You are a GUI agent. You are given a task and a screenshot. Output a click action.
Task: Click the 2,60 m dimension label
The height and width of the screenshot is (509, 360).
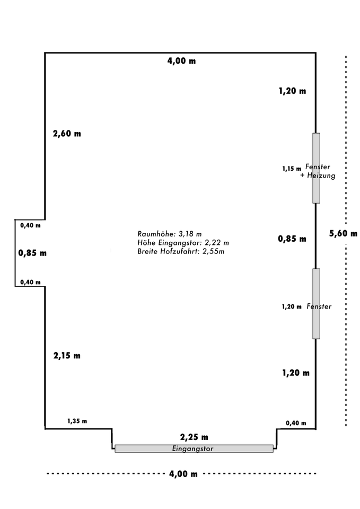67,134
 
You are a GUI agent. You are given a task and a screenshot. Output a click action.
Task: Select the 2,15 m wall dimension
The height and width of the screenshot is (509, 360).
67,355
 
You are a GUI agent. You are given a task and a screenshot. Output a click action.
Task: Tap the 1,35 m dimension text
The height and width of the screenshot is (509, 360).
77,421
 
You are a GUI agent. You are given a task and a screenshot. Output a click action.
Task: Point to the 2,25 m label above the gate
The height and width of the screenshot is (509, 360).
194,437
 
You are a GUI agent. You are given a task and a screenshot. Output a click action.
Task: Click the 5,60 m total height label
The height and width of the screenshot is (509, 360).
343,233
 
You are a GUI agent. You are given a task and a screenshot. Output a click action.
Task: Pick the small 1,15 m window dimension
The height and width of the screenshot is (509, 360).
292,169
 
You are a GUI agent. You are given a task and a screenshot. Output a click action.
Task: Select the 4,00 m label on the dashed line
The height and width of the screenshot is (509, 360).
183,474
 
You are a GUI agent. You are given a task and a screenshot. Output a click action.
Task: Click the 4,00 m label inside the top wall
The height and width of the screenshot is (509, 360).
181,61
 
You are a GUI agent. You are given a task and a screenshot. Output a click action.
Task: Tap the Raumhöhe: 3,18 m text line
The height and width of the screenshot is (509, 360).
169,233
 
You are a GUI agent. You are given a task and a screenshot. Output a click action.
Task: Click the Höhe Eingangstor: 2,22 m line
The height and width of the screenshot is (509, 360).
183,242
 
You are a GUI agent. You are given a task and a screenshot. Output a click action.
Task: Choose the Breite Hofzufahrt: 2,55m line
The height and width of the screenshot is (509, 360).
180,251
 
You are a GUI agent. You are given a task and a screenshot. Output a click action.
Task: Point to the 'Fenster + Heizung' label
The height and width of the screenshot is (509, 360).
318,171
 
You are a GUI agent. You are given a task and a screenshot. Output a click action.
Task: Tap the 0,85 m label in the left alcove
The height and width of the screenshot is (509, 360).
32,253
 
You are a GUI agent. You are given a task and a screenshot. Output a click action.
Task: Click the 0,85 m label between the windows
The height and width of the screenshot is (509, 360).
292,239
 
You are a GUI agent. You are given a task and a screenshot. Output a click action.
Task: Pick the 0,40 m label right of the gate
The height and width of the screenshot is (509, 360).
296,423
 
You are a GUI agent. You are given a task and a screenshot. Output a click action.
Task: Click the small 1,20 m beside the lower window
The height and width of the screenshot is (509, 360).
292,306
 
